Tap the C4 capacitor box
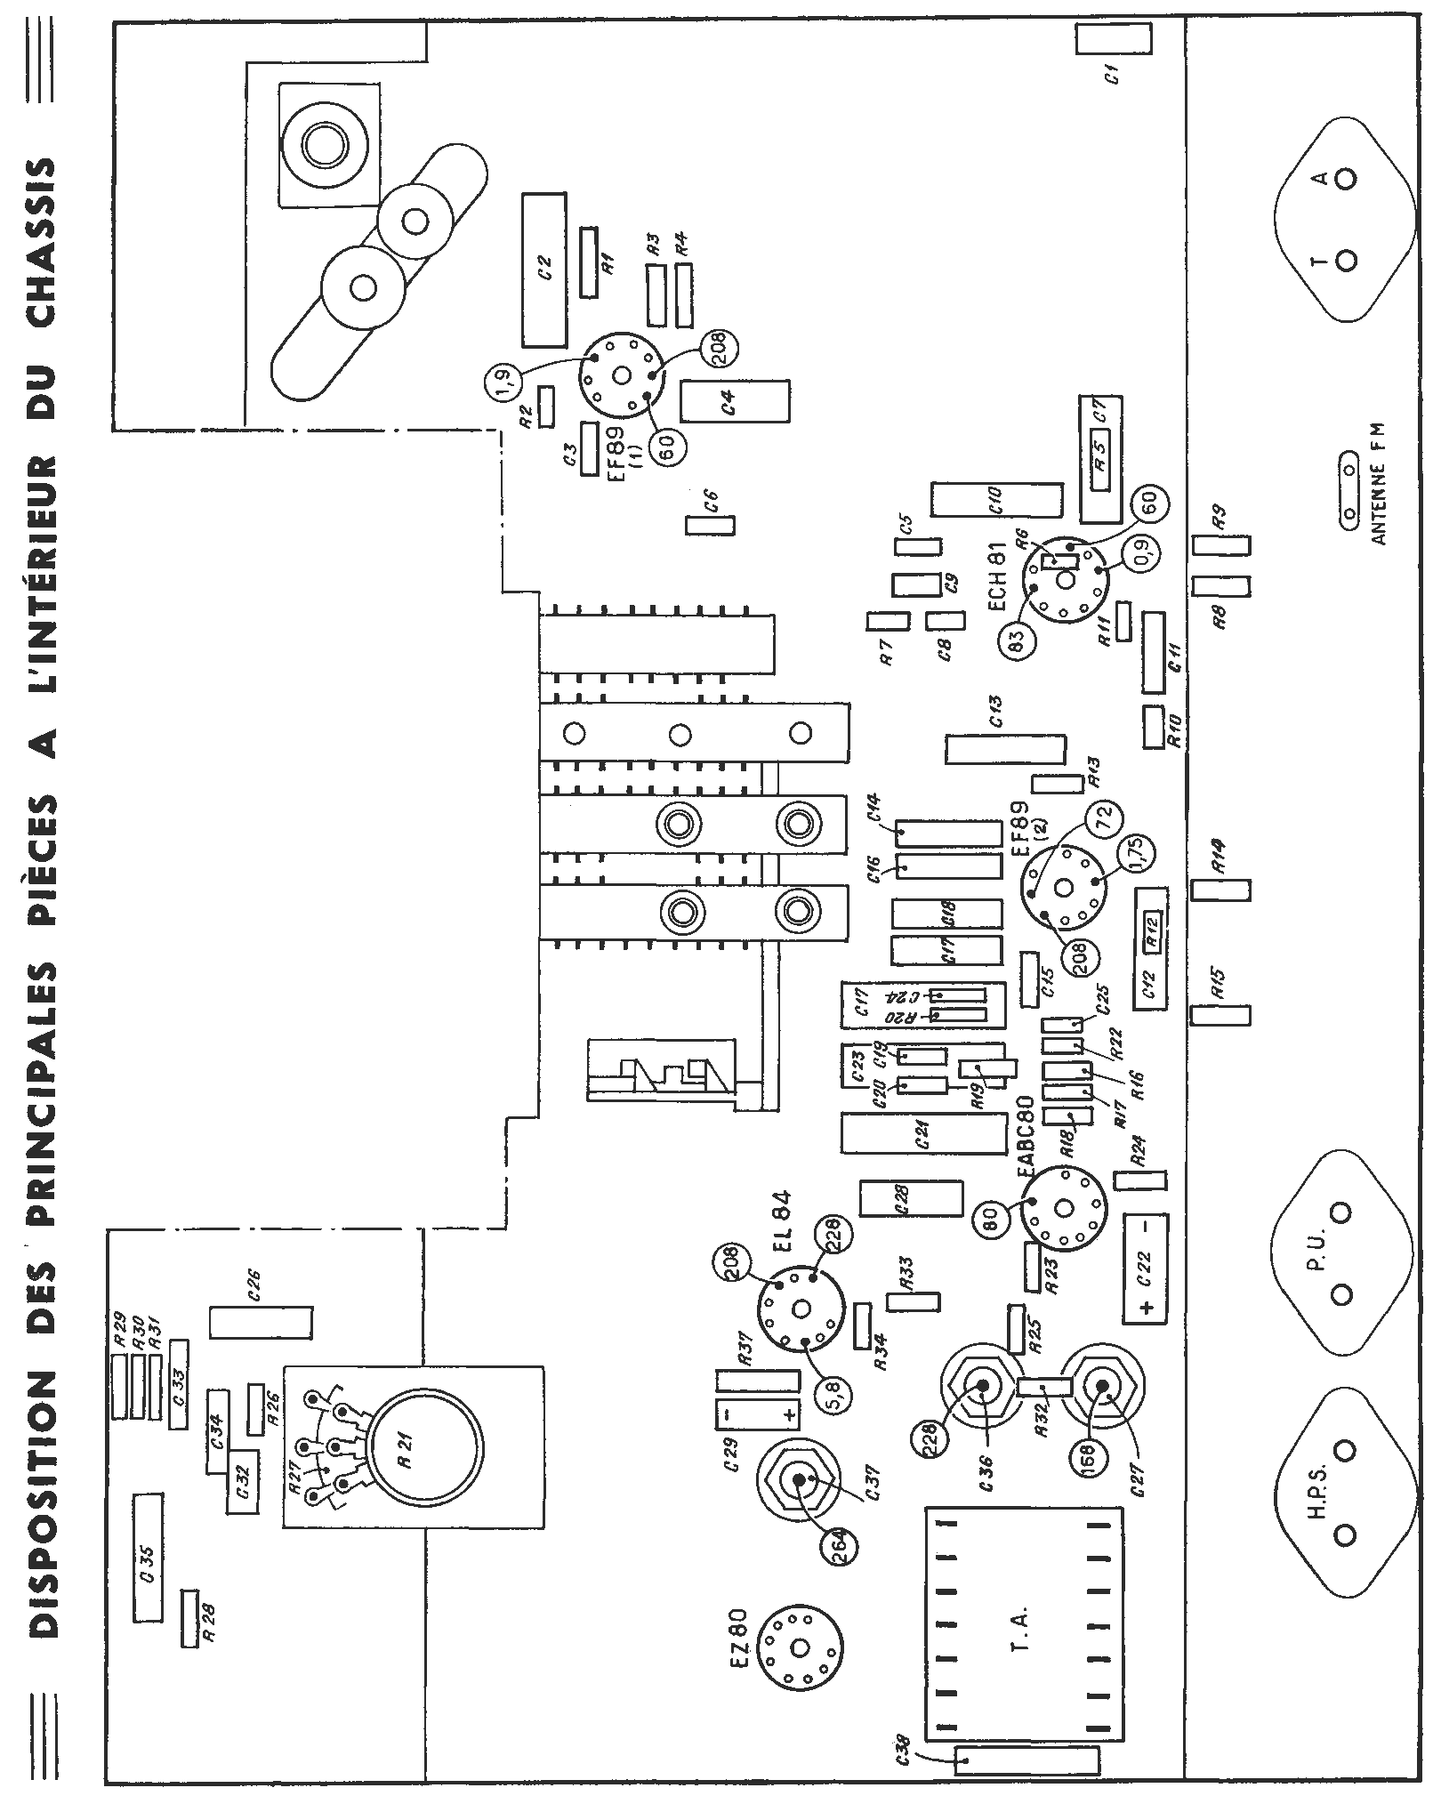tap(735, 401)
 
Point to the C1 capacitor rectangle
tap(1114, 39)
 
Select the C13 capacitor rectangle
tap(1005, 750)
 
